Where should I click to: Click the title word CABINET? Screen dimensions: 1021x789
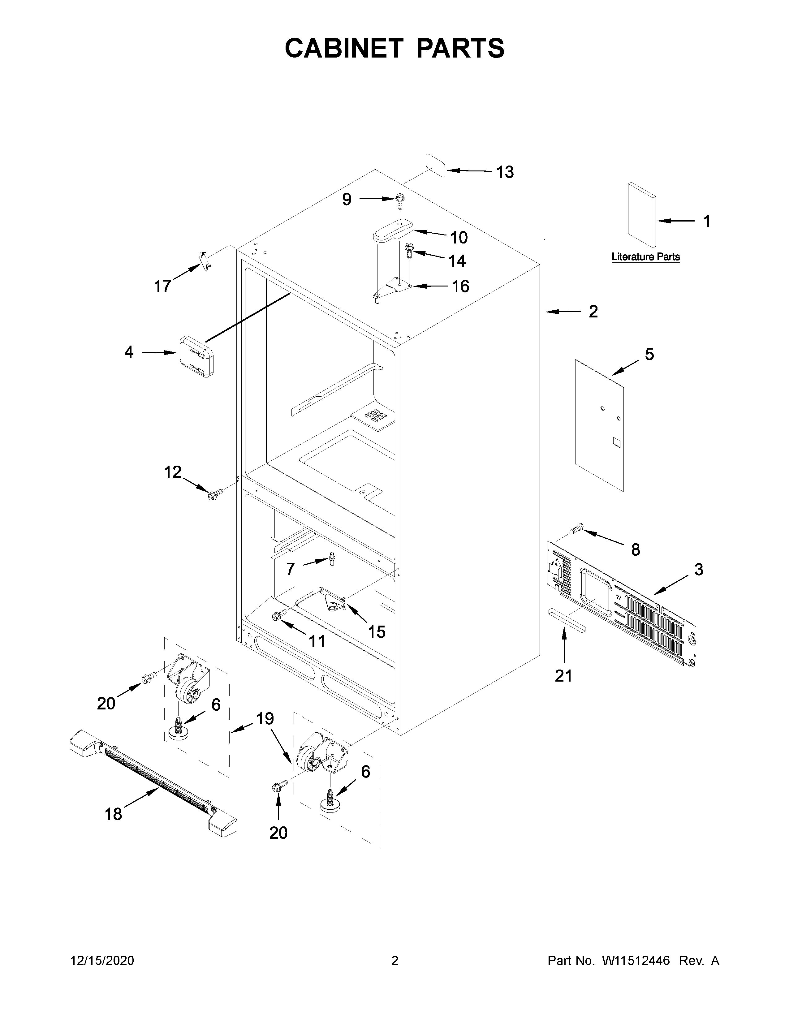click(x=343, y=48)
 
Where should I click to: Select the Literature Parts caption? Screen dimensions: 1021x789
click(x=645, y=257)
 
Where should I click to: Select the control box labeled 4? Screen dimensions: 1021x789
click(x=195, y=356)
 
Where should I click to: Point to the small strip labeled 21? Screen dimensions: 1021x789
click(x=567, y=620)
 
